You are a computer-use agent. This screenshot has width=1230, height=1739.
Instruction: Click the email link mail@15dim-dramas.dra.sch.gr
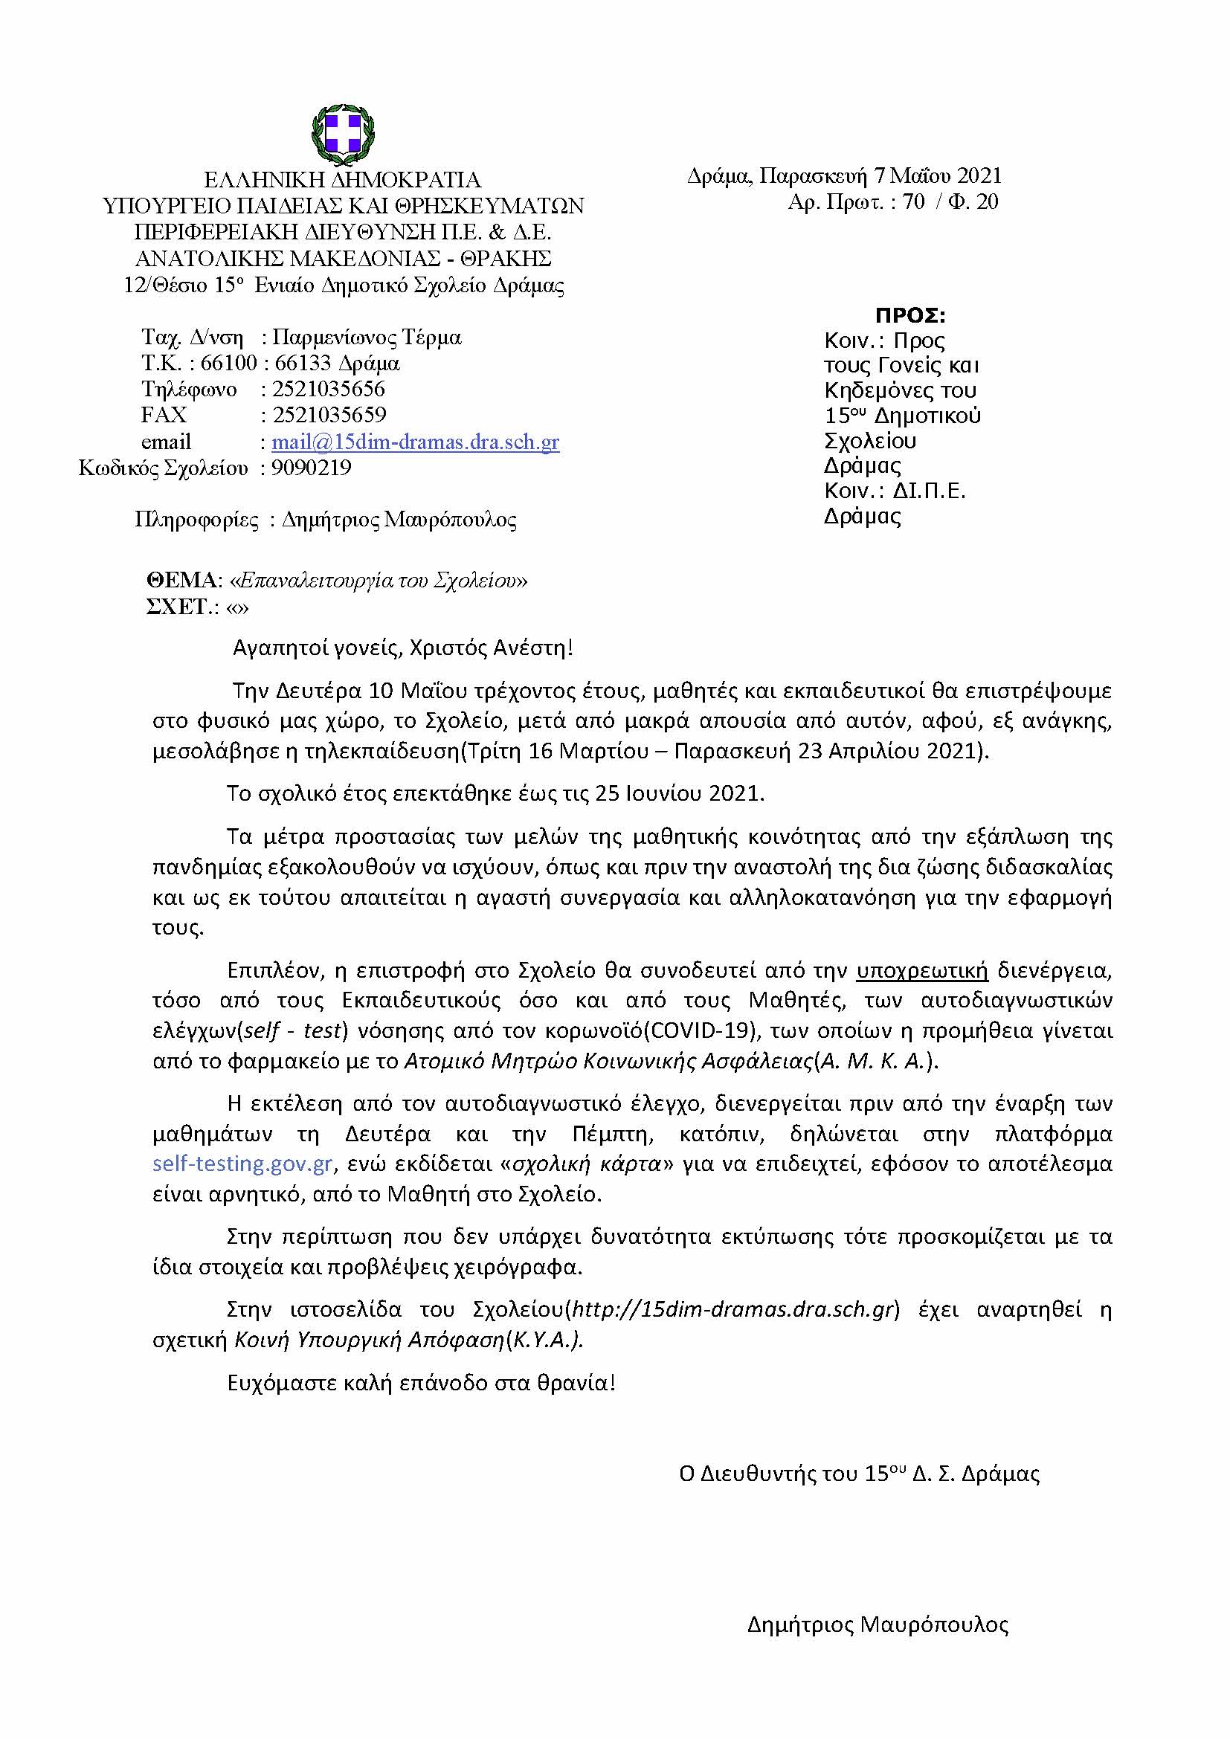(x=415, y=442)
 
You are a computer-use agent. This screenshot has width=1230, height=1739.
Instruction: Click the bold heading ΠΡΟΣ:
(x=910, y=315)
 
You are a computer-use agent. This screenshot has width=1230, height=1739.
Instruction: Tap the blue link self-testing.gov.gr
(x=242, y=1164)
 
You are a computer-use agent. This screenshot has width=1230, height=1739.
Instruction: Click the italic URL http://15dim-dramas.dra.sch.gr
(x=732, y=1309)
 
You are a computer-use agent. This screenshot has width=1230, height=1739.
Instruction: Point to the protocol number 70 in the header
(x=913, y=201)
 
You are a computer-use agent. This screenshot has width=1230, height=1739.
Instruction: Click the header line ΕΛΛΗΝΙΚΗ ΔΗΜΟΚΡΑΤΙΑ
(x=343, y=180)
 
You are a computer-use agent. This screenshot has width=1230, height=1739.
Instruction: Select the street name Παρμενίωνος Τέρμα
(x=367, y=337)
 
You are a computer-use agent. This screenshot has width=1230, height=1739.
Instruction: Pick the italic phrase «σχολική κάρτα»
(x=585, y=1164)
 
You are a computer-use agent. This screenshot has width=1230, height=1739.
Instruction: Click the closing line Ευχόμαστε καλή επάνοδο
(x=421, y=1383)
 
